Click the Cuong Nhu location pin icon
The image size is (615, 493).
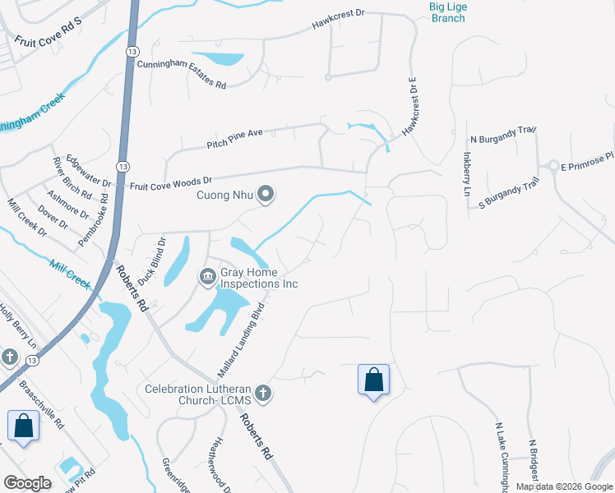[266, 195]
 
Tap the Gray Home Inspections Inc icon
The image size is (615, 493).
[206, 279]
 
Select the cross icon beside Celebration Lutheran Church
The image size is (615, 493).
[262, 394]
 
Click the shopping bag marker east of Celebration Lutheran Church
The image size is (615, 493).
[373, 380]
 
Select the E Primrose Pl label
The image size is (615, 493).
[587, 161]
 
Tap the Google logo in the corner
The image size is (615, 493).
[28, 482]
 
